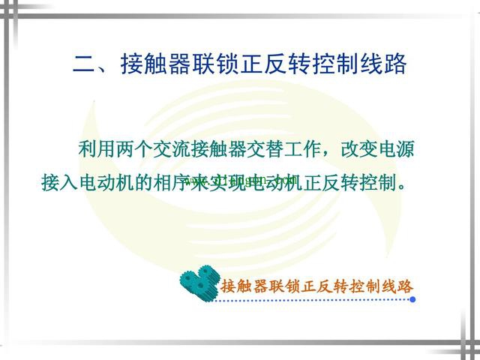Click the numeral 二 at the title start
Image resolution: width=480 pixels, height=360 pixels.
[83, 63]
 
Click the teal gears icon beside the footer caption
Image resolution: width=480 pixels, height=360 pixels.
[199, 281]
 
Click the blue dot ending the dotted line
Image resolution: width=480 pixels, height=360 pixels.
[413, 298]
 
